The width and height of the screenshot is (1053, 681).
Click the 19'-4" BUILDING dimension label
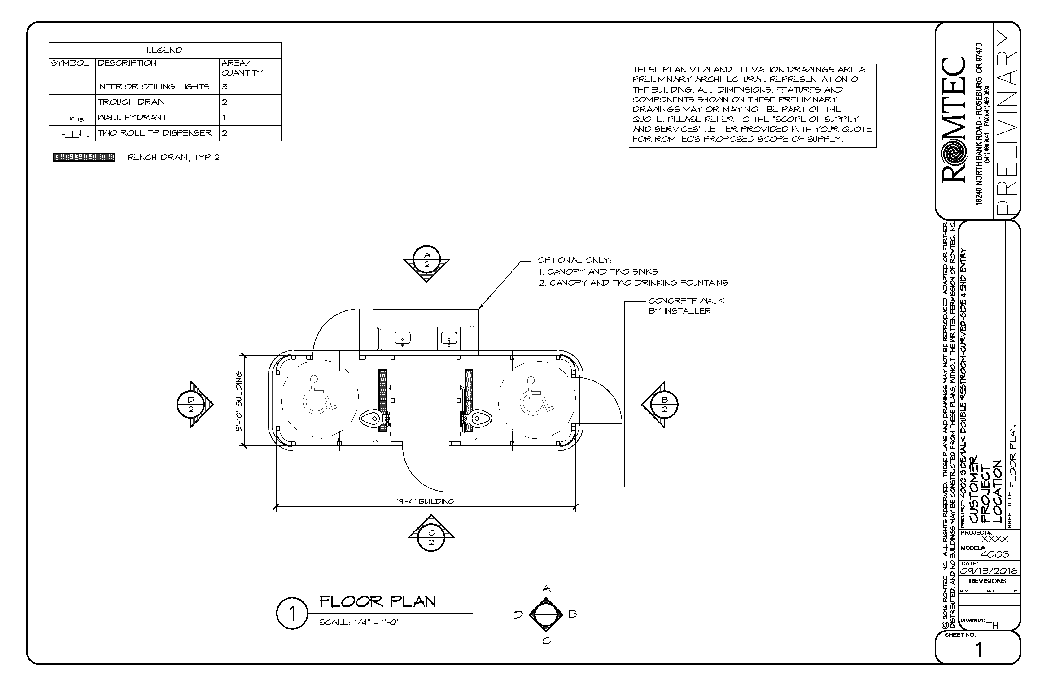tap(425, 501)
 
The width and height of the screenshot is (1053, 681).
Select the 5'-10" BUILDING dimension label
tap(239, 401)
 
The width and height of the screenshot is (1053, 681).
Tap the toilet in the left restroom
tap(371, 418)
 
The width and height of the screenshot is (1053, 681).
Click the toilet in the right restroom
tap(479, 418)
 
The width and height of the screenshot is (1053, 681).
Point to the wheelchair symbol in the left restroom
tap(319, 395)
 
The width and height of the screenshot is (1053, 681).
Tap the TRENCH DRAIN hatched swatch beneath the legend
tap(84, 158)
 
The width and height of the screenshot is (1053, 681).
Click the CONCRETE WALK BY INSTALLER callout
tap(686, 306)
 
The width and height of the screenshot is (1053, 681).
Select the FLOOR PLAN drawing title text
tap(378, 601)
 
